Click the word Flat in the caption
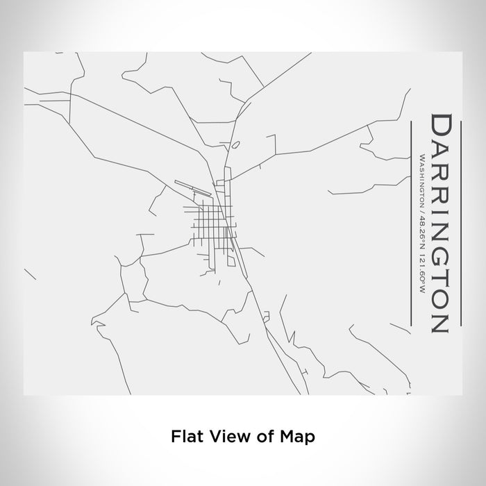pyautogui.click(x=184, y=437)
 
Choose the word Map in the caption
pyautogui.click(x=299, y=437)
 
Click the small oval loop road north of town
pyautogui.click(x=236, y=145)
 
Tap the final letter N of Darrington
pyautogui.click(x=442, y=320)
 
